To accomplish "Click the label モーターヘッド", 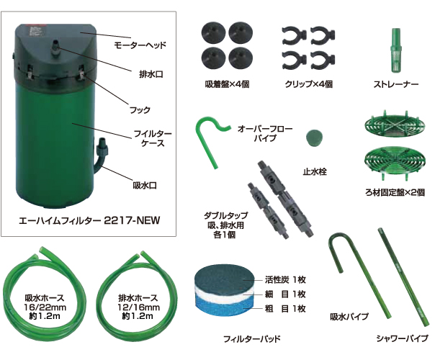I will (x=141, y=45).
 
